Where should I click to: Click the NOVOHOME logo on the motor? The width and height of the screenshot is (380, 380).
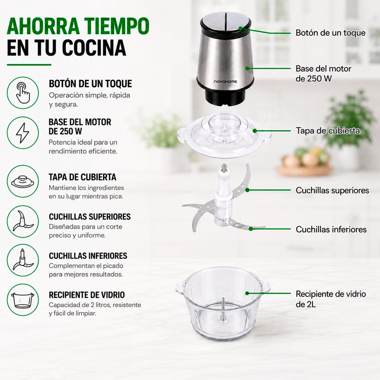pos(225,82)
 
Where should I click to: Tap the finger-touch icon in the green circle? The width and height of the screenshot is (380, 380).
pos(23,92)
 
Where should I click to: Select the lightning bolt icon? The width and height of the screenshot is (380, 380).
pos(22,133)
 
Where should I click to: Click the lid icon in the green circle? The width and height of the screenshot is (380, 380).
pos(23,181)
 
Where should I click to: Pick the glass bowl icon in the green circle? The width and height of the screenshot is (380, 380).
pos(23,300)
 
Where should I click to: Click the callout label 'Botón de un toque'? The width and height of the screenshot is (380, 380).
pos(330,33)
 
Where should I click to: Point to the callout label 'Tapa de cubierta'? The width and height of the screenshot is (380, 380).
pos(328,131)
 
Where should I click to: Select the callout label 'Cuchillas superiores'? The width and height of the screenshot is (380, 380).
pos(332,190)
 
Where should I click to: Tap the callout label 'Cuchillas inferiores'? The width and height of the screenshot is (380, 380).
pos(331,229)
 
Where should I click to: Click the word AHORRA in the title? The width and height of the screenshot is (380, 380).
pos(43,26)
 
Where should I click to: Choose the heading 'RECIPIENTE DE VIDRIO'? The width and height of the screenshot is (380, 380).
pos(87,294)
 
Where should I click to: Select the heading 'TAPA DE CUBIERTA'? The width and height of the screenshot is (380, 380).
pos(82,177)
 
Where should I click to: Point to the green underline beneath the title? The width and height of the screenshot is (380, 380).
pos(29,65)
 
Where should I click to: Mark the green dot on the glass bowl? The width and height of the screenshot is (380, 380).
pos(247,293)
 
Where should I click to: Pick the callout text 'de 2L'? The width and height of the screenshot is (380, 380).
pos(305,304)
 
